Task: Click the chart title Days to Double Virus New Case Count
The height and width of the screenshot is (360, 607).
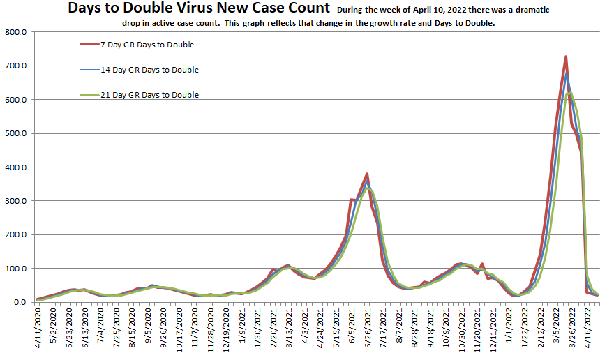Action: pyautogui.click(x=199, y=9)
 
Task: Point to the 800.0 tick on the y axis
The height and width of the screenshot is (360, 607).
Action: pyautogui.click(x=15, y=33)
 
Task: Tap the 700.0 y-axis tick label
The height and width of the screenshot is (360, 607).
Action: pyautogui.click(x=15, y=66)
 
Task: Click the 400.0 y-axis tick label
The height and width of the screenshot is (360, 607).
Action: pyautogui.click(x=15, y=167)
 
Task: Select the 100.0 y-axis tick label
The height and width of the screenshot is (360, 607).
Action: pyautogui.click(x=15, y=269)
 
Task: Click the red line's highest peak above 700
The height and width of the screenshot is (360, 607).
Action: pyautogui.click(x=566, y=57)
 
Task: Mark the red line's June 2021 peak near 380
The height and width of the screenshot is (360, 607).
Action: pyautogui.click(x=367, y=174)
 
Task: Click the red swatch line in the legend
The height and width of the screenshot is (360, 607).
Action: pyautogui.click(x=89, y=45)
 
